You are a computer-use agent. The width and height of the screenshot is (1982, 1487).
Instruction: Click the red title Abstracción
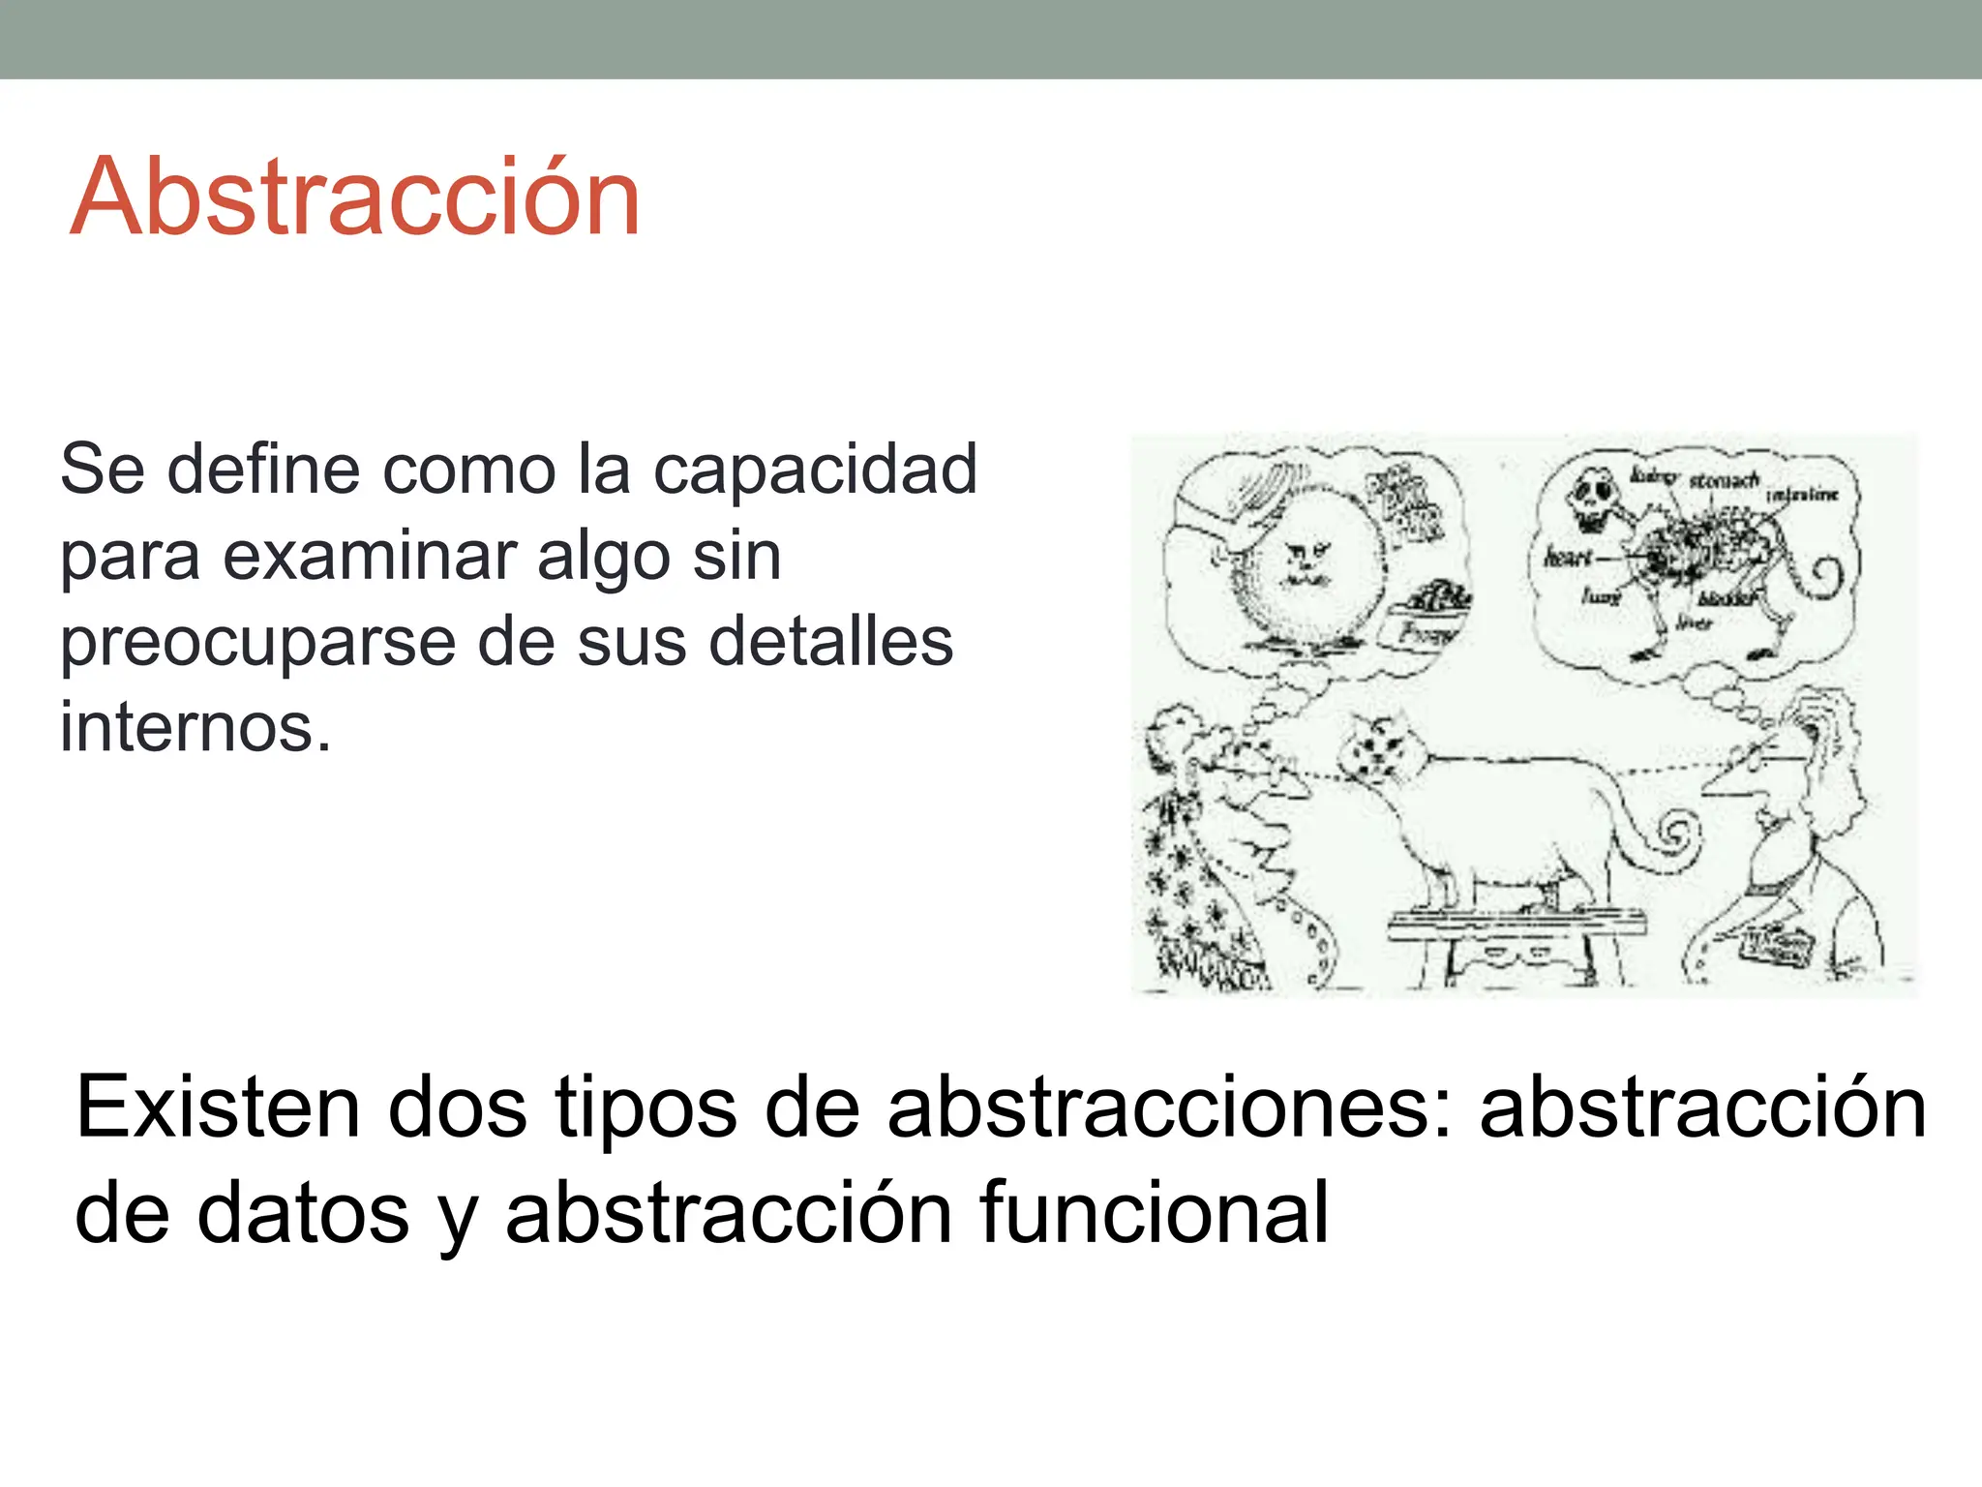[355, 197]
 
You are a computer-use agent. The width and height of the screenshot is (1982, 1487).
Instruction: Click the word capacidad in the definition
[815, 470]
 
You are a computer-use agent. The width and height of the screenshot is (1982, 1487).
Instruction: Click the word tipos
[646, 1109]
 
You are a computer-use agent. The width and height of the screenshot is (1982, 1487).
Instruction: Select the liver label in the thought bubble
[1694, 622]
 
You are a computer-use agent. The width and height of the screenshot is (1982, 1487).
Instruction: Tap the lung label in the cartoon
[1601, 595]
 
